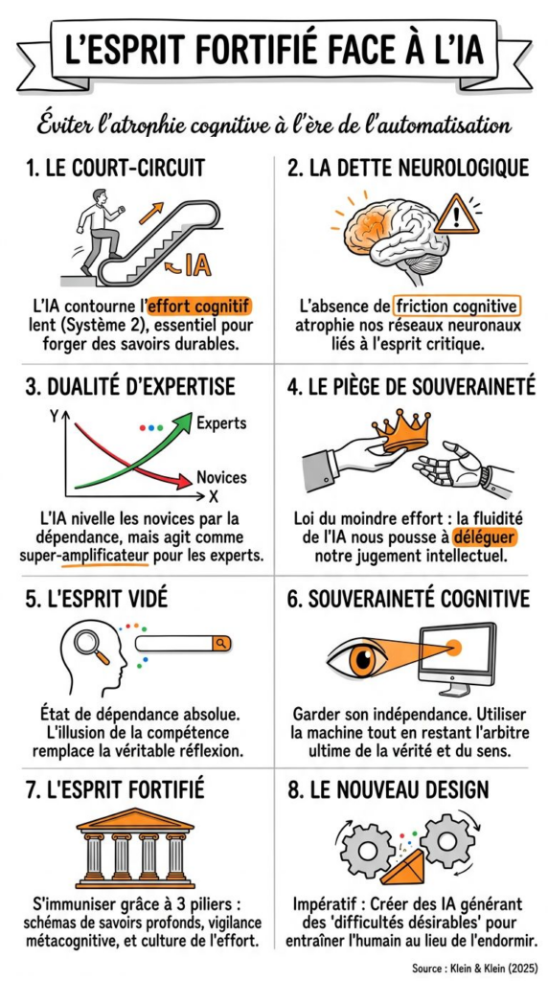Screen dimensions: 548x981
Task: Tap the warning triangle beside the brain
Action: [457, 215]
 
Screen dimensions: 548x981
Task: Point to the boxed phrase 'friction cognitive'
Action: [457, 308]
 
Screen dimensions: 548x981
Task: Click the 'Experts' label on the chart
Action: [221, 422]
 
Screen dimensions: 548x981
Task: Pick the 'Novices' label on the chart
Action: [221, 478]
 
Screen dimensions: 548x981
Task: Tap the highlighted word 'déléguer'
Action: [486, 538]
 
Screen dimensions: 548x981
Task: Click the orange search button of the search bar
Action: [221, 643]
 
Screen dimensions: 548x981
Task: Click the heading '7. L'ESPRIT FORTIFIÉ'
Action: [115, 789]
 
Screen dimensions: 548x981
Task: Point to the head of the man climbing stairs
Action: [100, 195]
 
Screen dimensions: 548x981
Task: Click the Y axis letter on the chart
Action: [53, 416]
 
